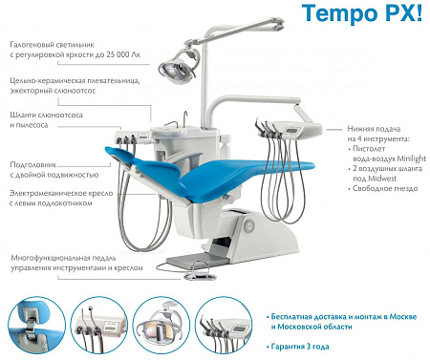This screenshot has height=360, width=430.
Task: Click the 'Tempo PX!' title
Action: click(361, 13)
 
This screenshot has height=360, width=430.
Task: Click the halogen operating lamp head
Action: click(177, 69)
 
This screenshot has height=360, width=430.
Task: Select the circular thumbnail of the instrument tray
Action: click(224, 325)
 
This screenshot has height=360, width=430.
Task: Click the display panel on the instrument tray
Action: click(293, 131)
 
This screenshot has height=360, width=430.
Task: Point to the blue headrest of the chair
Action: click(121, 156)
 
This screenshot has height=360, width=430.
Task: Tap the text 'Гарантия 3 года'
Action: click(300, 347)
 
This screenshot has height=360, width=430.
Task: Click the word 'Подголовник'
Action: click(33, 165)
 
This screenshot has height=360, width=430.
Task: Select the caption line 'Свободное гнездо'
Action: click(385, 188)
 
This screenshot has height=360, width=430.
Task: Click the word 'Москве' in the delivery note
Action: click(402, 317)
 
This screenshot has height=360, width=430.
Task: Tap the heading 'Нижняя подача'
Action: click(374, 129)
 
